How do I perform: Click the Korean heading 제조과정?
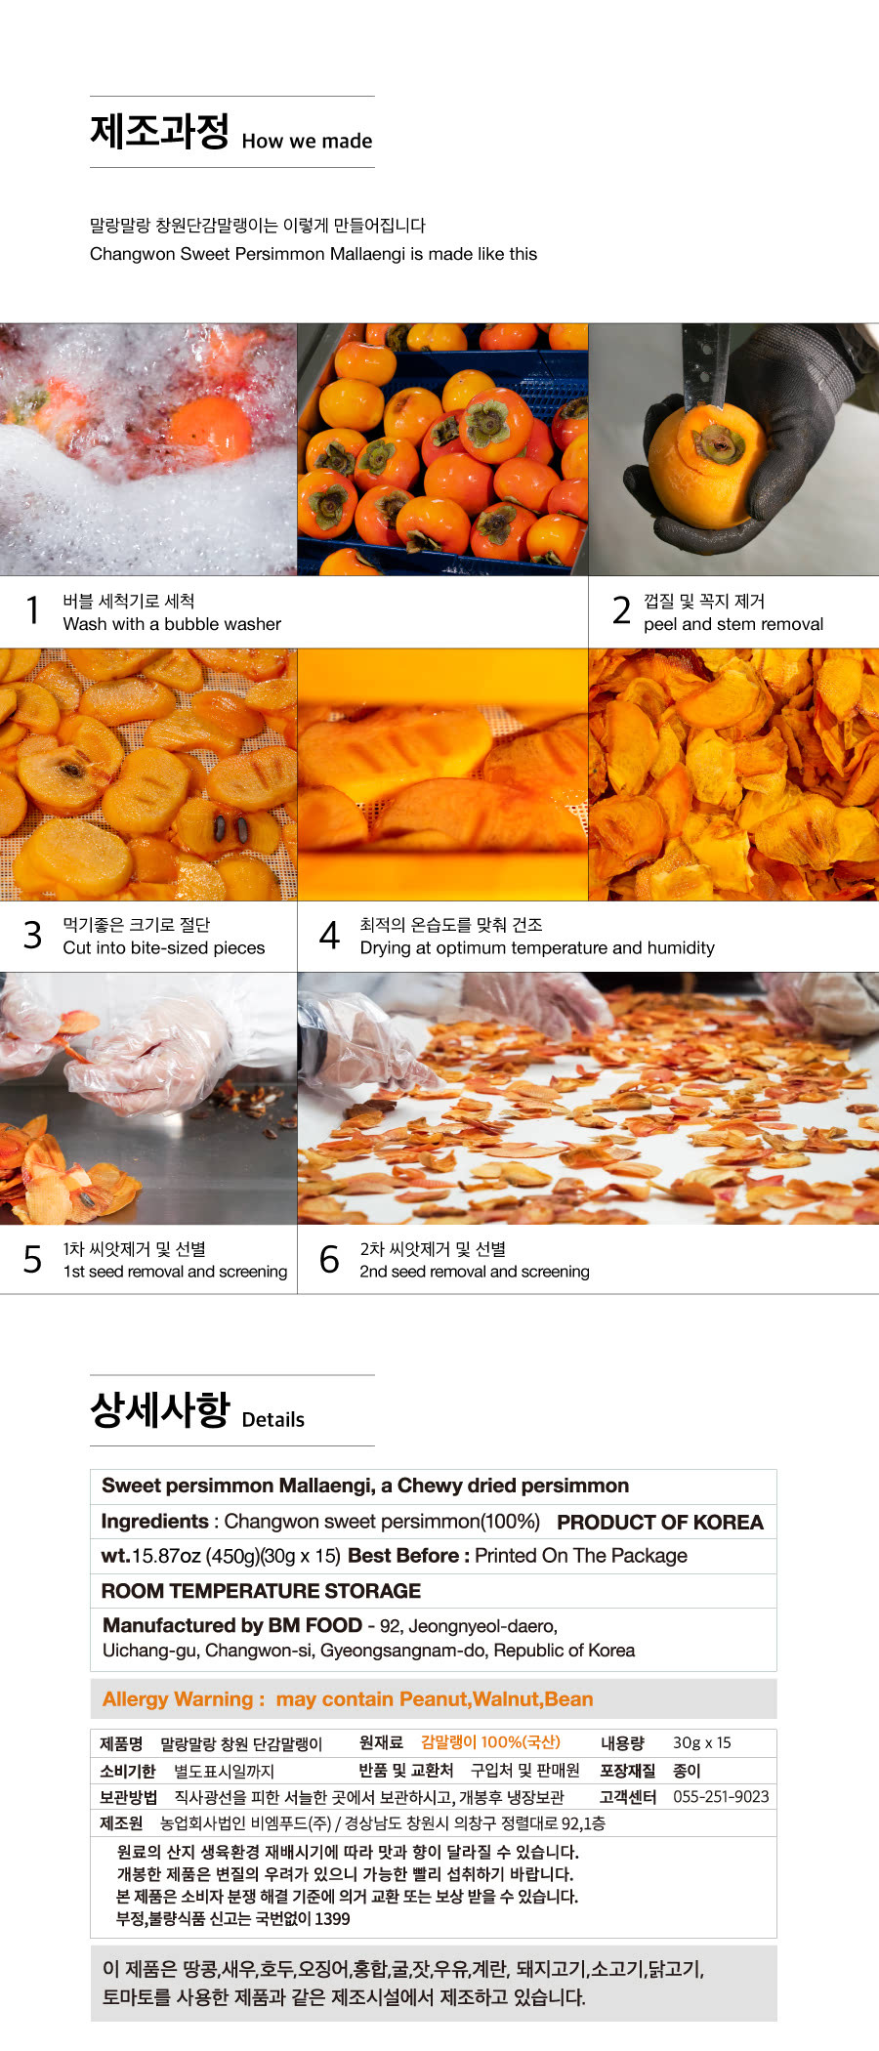(159, 132)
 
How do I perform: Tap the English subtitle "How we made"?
(307, 141)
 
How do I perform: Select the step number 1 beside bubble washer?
(33, 610)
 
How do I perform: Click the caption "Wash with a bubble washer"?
(172, 624)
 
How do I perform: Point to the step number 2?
(621, 610)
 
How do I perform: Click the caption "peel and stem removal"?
(733, 624)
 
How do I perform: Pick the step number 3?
(33, 935)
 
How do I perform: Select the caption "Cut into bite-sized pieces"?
(164, 947)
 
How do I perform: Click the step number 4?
(330, 935)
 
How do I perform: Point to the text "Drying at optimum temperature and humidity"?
(537, 947)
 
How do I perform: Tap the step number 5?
(32, 1259)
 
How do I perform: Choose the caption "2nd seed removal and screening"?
(475, 1272)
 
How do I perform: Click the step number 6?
(330, 1259)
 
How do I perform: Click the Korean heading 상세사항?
(159, 1409)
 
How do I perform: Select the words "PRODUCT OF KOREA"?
(660, 1523)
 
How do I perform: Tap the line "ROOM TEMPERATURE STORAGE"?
(261, 1591)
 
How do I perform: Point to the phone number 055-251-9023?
(721, 1797)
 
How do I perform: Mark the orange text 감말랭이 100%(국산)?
(490, 1742)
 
